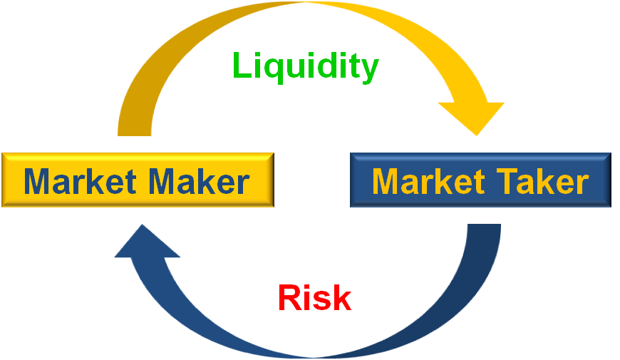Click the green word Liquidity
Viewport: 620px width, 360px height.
pos(305,66)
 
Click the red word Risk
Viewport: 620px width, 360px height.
pos(314,298)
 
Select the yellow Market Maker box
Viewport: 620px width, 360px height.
pos(137,180)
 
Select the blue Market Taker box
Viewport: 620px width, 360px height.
pos(480,180)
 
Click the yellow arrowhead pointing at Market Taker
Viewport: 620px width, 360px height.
pos(472,117)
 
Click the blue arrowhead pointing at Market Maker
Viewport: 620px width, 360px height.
pos(146,242)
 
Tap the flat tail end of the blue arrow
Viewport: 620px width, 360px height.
pos(484,228)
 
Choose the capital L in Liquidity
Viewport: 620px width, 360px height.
pos(242,66)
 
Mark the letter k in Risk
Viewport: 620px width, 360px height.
pos(341,298)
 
